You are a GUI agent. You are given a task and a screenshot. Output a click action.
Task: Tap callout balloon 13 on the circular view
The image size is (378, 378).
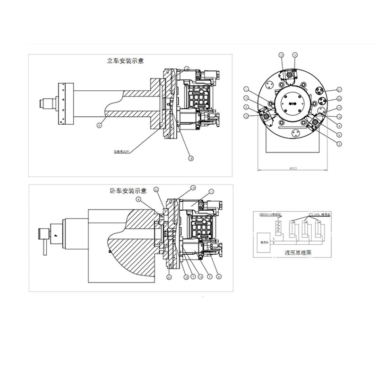tap(282, 55)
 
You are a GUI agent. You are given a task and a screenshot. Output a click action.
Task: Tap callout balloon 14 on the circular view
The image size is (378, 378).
tap(295, 55)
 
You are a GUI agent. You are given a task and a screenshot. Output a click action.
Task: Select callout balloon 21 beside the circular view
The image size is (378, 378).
tap(339, 89)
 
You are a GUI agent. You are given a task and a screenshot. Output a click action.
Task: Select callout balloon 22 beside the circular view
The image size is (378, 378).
tap(339, 98)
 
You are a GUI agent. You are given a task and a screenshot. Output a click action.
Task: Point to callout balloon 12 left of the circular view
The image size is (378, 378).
tap(246, 115)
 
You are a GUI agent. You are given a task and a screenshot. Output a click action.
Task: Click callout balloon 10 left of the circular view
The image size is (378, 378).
tap(246, 98)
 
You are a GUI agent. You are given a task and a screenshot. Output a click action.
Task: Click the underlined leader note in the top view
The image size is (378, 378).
tap(120, 152)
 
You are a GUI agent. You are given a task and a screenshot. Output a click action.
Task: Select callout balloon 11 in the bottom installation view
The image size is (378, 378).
tap(211, 191)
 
